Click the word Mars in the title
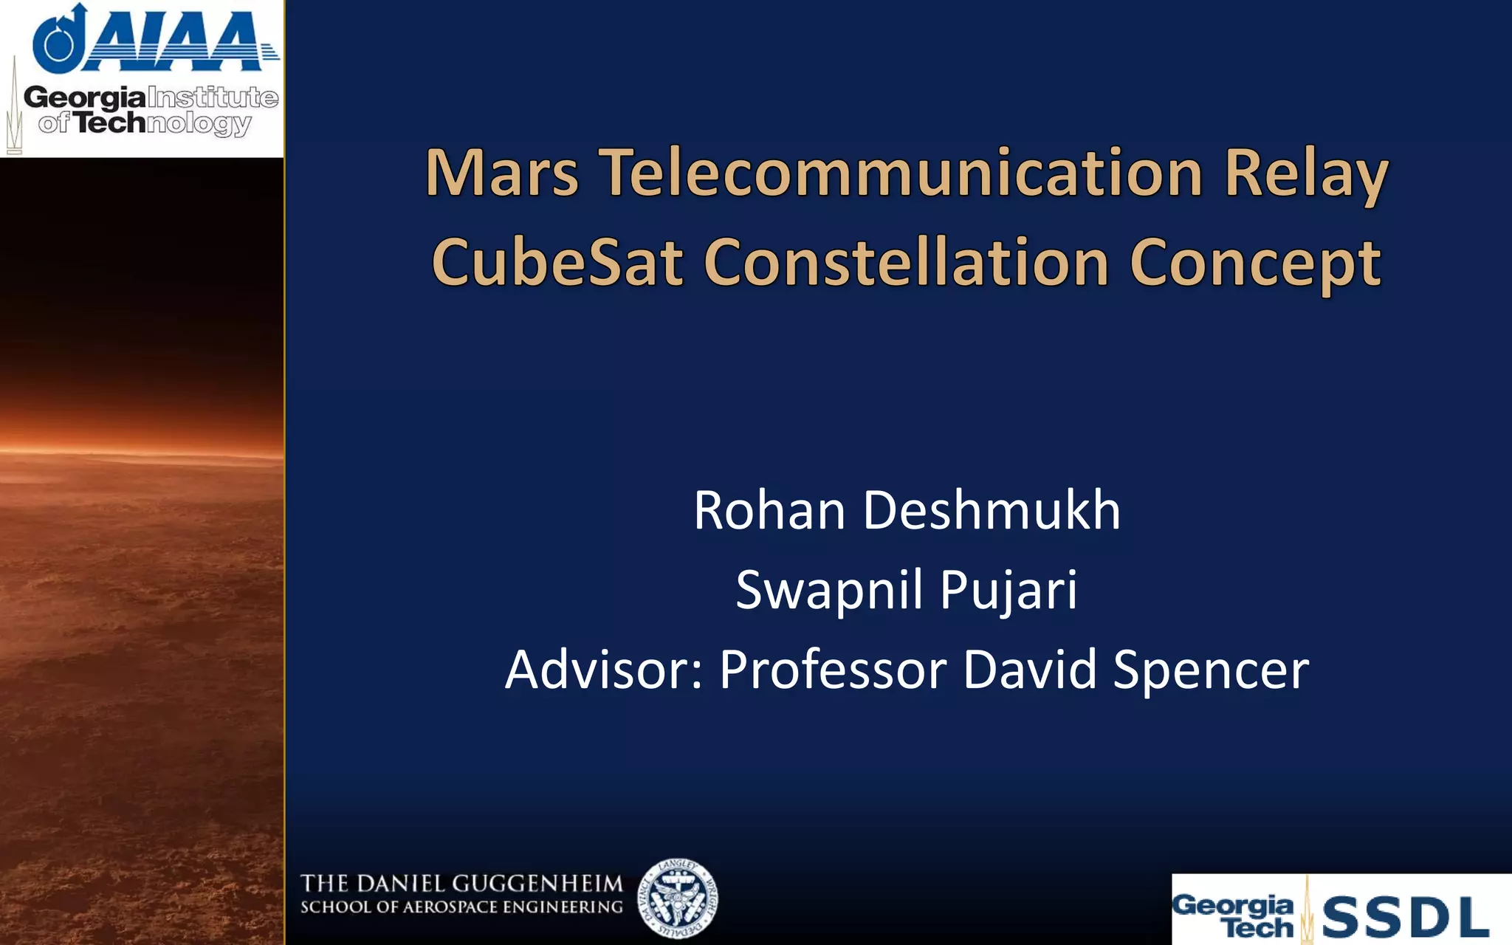coord(502,173)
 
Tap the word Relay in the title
coord(1305,176)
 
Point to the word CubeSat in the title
coord(557,263)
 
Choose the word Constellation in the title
coord(906,263)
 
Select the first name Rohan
coord(769,510)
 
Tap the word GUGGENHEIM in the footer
coord(537,884)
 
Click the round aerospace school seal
coord(678,898)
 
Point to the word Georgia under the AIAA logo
coord(84,97)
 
